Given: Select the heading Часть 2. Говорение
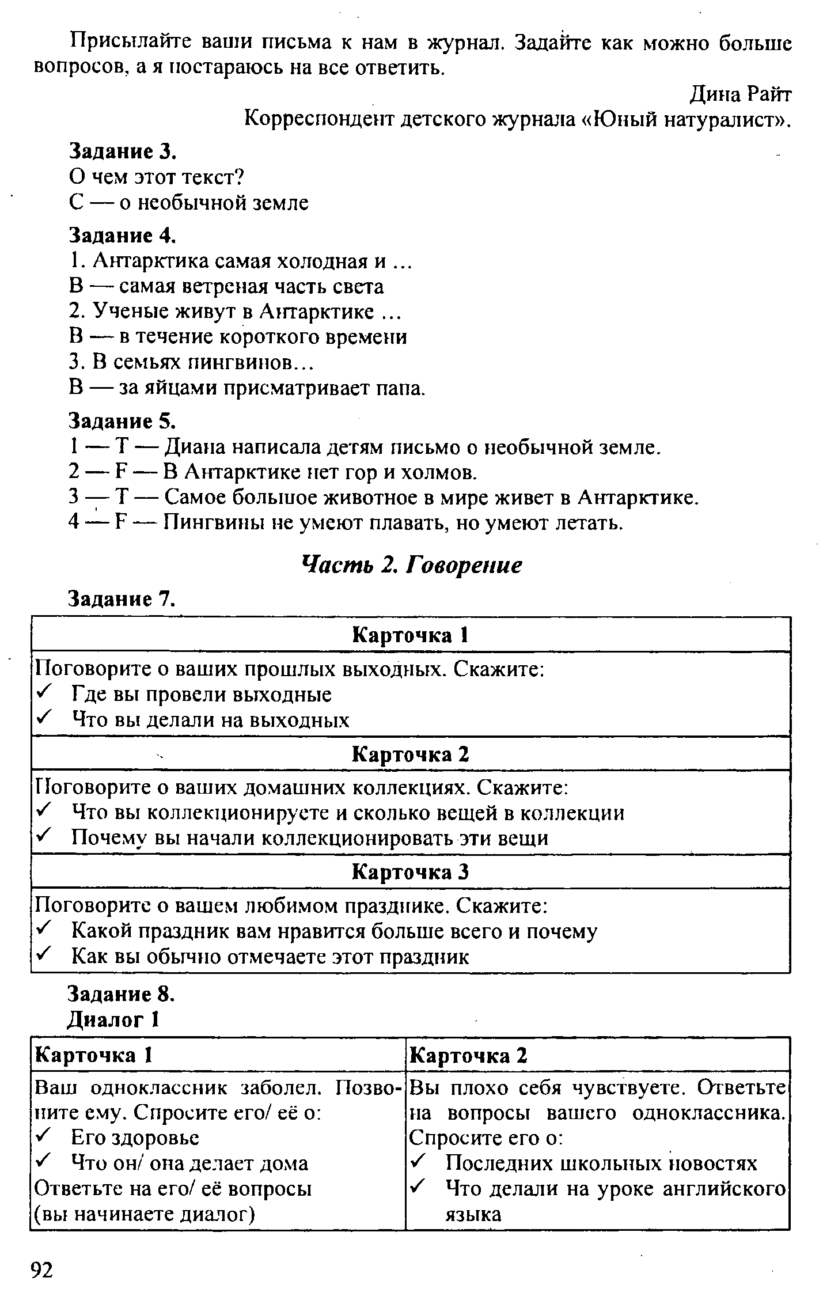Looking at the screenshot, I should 412,566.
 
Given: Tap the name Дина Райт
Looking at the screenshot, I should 741,94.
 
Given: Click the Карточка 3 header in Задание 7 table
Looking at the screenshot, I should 410,872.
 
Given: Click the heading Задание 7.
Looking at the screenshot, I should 122,599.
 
